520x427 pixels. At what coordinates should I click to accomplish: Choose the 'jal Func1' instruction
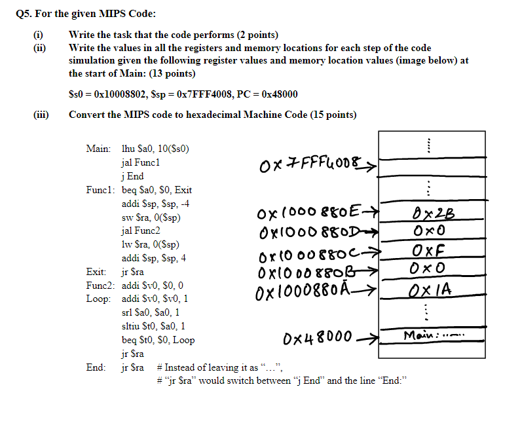[141, 162]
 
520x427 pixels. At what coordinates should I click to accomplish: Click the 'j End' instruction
[133, 176]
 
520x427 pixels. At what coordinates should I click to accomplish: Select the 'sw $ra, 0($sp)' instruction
[151, 217]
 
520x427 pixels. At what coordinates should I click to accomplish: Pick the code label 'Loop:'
[99, 299]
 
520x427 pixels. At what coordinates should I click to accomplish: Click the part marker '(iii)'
[41, 115]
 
